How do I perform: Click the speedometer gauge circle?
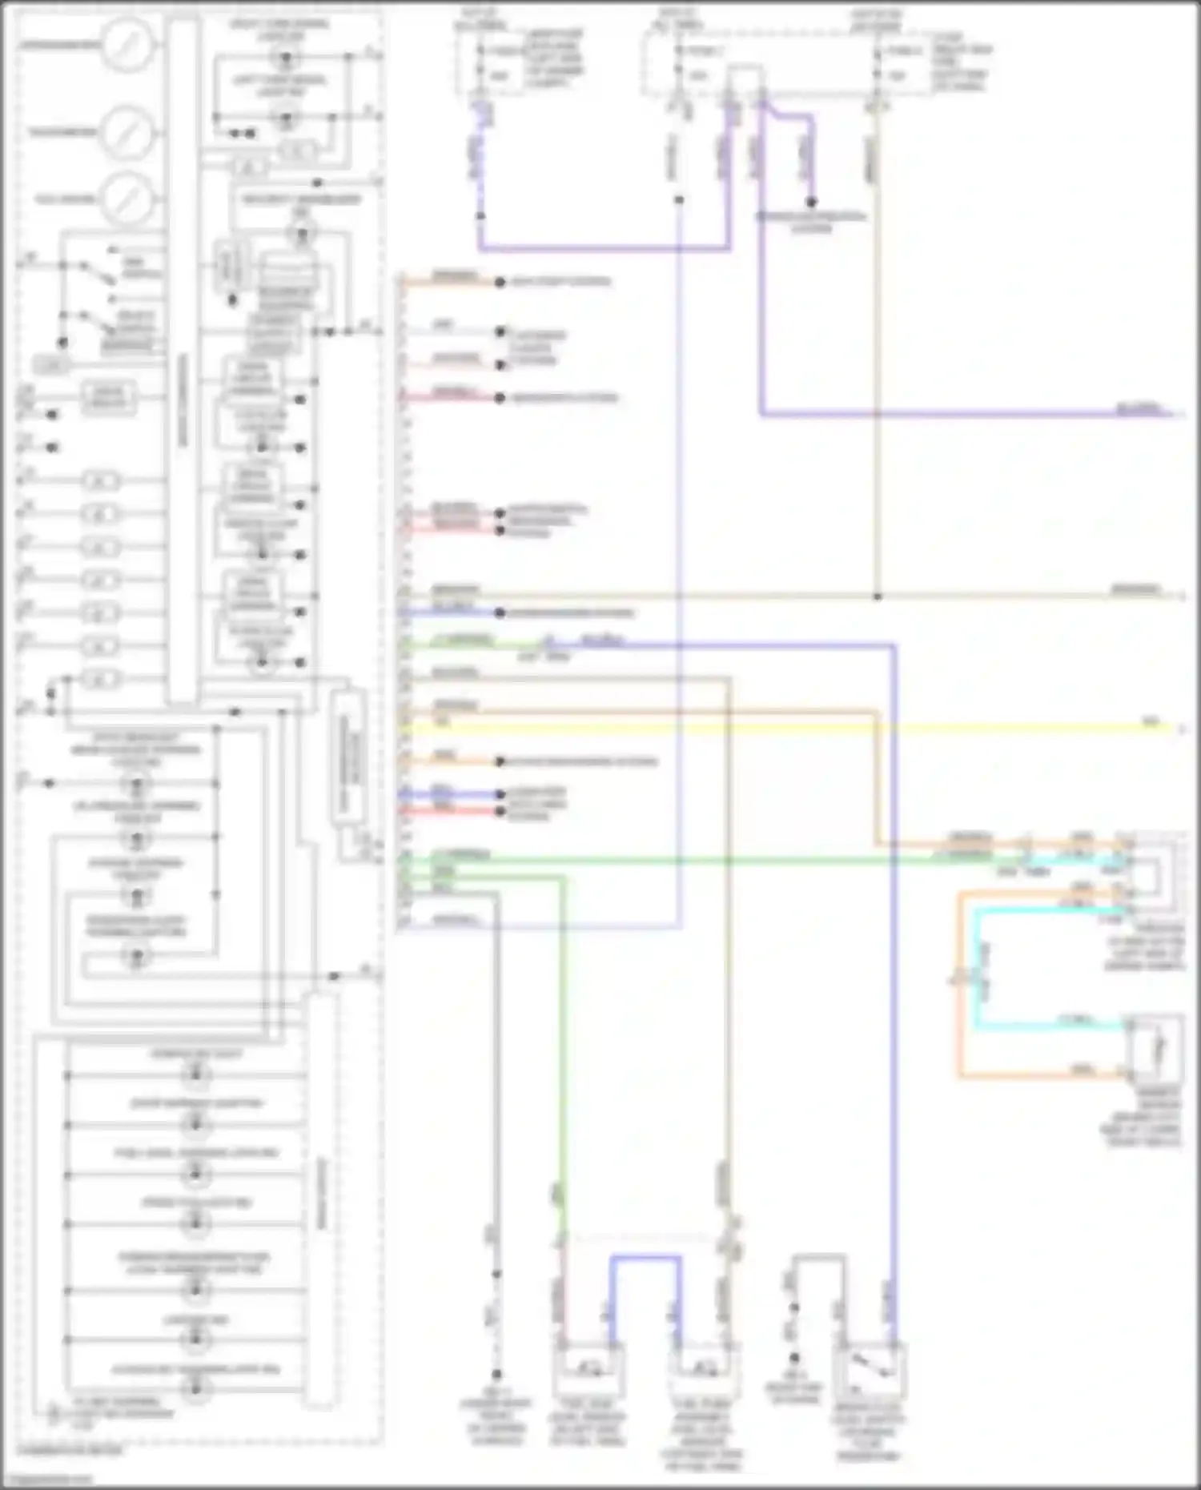pyautogui.click(x=127, y=44)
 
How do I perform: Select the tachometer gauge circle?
pyautogui.click(x=127, y=131)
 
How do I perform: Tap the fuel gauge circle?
pyautogui.click(x=127, y=198)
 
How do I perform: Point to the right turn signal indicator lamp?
pyautogui.click(x=284, y=58)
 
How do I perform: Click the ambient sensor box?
pyautogui.click(x=1155, y=1049)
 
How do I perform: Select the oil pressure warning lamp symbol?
pyautogui.click(x=136, y=838)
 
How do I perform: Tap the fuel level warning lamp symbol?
pyautogui.click(x=195, y=1174)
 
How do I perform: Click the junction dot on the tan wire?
pyautogui.click(x=878, y=596)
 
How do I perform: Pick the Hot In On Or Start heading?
pyautogui.click(x=875, y=21)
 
